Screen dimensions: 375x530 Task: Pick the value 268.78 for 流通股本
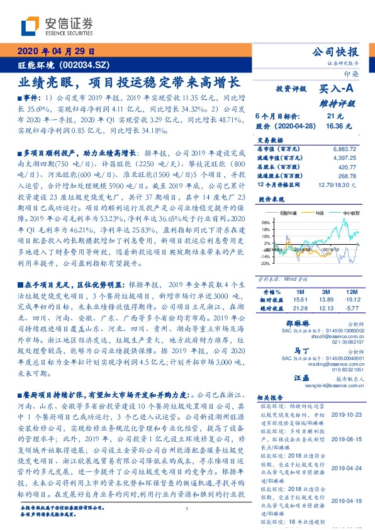click(x=346, y=176)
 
